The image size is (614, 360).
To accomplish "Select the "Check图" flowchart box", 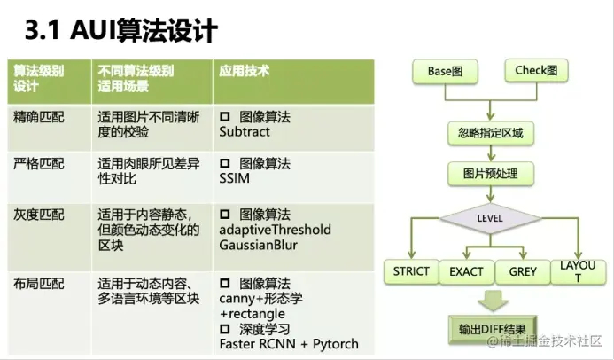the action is [536, 71].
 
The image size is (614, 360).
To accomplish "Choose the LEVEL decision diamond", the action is [490, 217].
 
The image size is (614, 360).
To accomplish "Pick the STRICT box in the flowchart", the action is [411, 271].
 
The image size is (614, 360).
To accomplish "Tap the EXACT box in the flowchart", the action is [466, 271].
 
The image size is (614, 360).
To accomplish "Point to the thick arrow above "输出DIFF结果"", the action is [491, 299].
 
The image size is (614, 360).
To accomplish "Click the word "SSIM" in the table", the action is [234, 179].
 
